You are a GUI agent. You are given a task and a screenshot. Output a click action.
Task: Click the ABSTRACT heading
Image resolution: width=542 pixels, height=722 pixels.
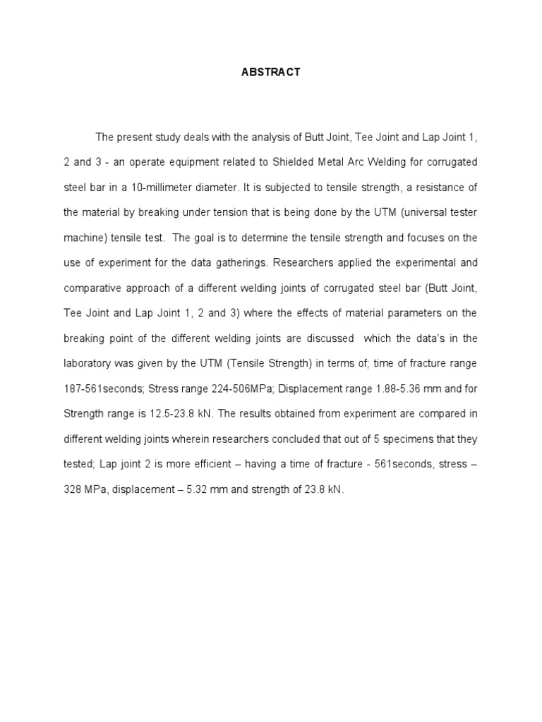[270, 72]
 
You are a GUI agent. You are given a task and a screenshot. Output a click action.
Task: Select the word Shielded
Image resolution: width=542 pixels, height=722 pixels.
[287, 161]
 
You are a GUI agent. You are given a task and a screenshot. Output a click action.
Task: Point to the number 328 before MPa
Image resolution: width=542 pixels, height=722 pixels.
[73, 489]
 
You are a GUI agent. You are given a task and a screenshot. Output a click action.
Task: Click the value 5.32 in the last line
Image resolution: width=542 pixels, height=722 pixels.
[185, 489]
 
